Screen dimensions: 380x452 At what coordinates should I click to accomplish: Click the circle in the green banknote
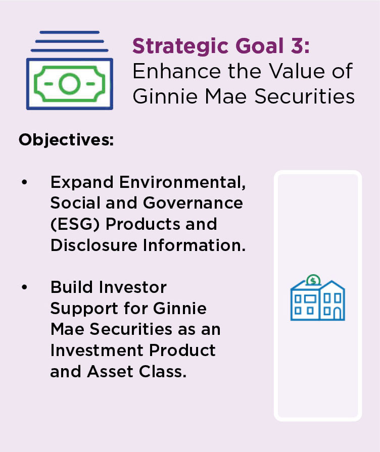[69, 84]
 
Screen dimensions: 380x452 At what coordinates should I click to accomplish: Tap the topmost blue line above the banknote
[70, 32]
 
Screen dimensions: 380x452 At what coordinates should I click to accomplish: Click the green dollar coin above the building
[313, 280]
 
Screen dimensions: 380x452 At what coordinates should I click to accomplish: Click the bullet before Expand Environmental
[25, 182]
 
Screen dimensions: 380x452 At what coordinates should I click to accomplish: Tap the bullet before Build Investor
[25, 287]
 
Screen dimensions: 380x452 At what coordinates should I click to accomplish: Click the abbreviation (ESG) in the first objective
[75, 224]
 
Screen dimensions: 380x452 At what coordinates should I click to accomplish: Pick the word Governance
[193, 203]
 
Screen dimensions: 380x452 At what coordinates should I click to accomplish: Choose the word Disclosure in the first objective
[94, 245]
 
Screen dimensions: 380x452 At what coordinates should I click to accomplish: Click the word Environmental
[182, 182]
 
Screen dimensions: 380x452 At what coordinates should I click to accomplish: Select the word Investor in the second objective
[133, 287]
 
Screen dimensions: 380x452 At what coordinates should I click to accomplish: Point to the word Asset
[110, 371]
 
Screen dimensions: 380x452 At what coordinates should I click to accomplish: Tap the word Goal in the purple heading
[260, 46]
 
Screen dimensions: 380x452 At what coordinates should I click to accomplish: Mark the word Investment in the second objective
[97, 350]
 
